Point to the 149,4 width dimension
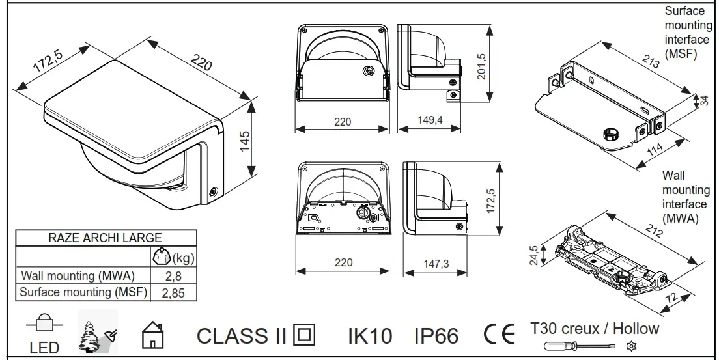(x=430, y=121)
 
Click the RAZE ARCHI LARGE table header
(x=105, y=238)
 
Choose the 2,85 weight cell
(x=173, y=293)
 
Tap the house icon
(x=151, y=336)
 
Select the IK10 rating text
(x=369, y=336)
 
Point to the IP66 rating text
(x=436, y=336)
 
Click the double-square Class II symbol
(x=303, y=335)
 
